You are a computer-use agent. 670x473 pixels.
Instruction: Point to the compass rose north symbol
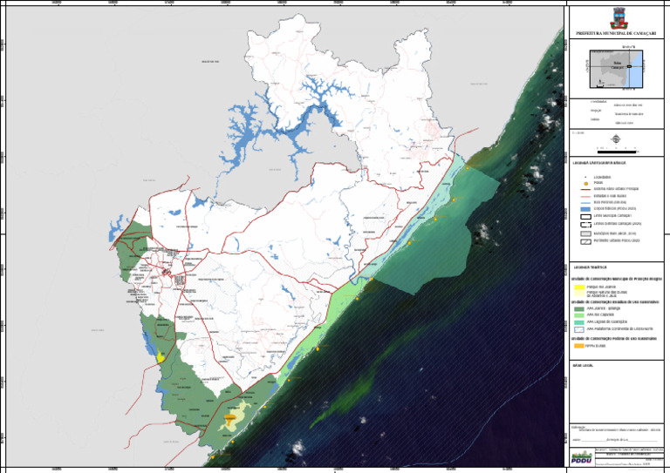coord(617,139)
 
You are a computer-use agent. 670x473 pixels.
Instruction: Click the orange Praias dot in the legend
coord(585,182)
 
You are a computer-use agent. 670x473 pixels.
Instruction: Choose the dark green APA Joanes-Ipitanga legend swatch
coord(579,308)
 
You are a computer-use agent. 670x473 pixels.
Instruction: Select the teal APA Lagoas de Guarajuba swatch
coord(579,321)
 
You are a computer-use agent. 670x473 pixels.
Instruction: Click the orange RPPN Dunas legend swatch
coord(579,345)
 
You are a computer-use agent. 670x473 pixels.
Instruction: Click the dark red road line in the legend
coord(585,187)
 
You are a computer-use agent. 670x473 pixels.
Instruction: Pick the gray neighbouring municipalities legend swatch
coord(585,234)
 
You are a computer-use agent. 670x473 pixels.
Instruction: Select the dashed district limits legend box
coord(585,224)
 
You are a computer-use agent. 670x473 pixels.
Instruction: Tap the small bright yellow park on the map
coord(161,356)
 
